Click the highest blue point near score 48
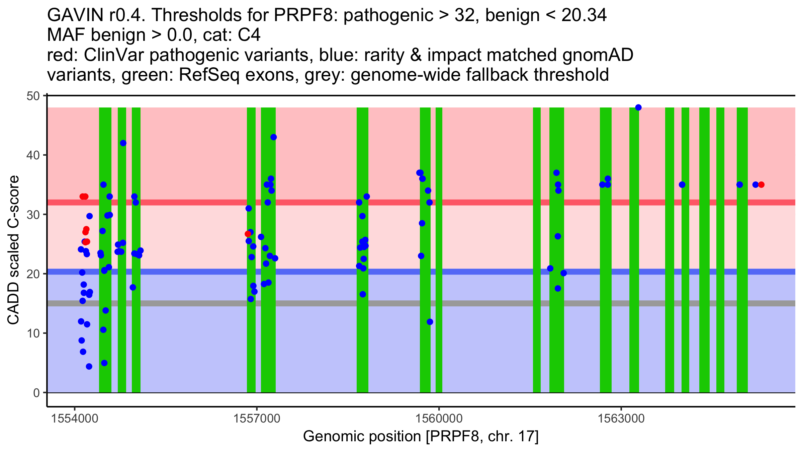638,107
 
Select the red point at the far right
761,184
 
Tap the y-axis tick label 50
33,96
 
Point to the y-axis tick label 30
33,215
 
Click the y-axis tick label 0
36,393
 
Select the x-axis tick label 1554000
75,419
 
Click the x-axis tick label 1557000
257,419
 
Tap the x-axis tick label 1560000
439,419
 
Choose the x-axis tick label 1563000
621,419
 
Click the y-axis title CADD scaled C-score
13,250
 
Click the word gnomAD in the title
598,55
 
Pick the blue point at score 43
273,137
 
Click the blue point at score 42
123,143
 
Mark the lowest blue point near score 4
89,367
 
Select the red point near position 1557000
248,234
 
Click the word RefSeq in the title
209,75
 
